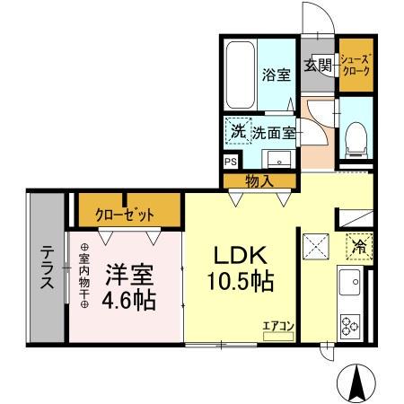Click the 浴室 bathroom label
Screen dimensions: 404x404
click(276, 75)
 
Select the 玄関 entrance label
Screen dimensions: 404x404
click(318, 65)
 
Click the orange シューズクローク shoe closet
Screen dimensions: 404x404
click(354, 65)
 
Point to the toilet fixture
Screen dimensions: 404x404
click(354, 135)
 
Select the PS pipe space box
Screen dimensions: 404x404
click(231, 162)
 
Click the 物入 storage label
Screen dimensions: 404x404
click(259, 182)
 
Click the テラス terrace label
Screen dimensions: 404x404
click(45, 269)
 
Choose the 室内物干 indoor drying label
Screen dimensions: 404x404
click(84, 277)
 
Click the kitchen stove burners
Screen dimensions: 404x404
click(349, 324)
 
